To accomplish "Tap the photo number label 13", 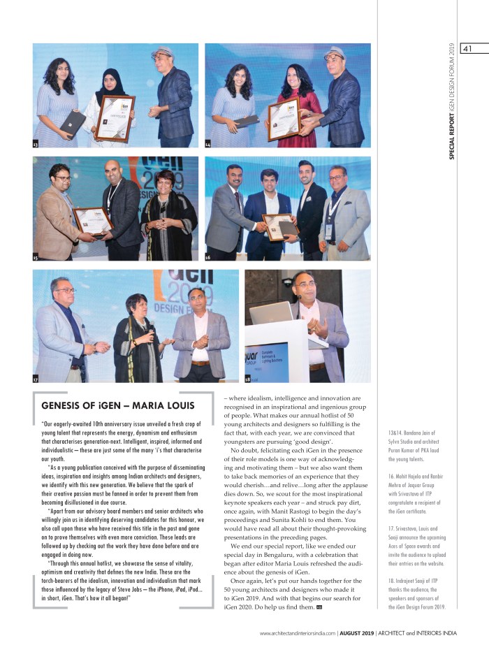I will (x=36, y=145).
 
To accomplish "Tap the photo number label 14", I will (x=207, y=145).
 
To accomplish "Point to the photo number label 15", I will (x=36, y=258).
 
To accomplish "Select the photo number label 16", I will (x=207, y=258).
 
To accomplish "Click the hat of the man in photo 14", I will (x=335, y=52).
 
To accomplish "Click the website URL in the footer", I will (x=297, y=634).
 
